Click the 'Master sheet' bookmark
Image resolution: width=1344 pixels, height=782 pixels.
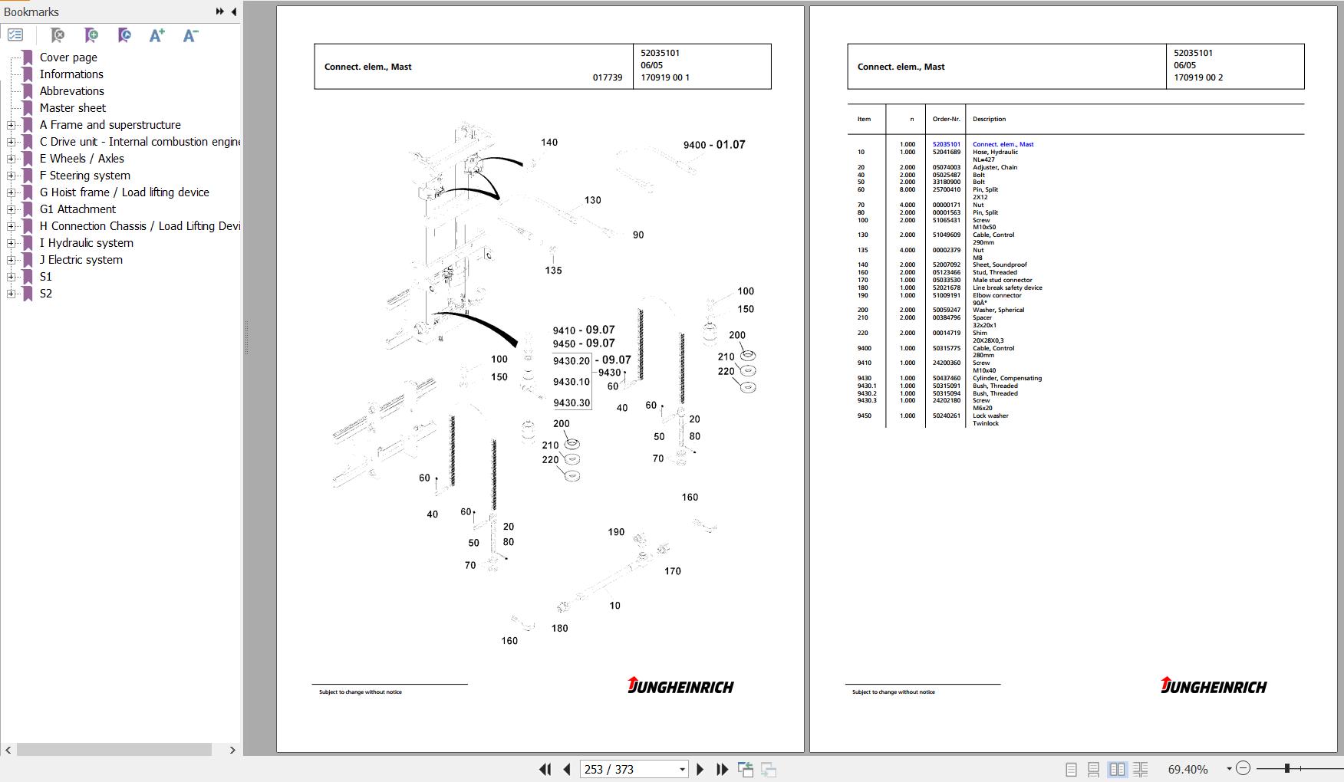coord(72,108)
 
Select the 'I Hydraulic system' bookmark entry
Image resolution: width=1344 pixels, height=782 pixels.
coord(86,243)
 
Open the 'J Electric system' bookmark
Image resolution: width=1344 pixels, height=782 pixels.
coord(81,260)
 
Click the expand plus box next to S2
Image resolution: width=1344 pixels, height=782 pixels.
coord(11,294)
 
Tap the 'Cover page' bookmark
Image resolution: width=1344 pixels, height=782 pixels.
coord(68,58)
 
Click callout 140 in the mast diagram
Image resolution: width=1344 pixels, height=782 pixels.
coord(549,143)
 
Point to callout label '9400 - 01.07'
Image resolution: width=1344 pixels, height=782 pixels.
coord(714,145)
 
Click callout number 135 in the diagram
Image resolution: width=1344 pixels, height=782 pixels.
coord(553,271)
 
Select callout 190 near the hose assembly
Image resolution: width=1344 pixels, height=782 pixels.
coord(616,532)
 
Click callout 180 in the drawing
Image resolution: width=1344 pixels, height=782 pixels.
coord(560,629)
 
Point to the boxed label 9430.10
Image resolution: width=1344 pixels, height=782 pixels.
coord(572,382)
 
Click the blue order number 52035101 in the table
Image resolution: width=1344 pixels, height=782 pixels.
coord(946,144)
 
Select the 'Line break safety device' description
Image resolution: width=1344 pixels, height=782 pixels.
coord(1007,287)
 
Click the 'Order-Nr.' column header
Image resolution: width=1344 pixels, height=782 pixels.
coord(946,119)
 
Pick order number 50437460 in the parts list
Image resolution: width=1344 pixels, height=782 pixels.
coord(946,378)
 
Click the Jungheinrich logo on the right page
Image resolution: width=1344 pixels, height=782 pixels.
coord(1214,686)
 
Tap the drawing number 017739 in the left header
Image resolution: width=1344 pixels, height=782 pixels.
coord(608,77)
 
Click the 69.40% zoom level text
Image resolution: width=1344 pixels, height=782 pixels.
coord(1188,769)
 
